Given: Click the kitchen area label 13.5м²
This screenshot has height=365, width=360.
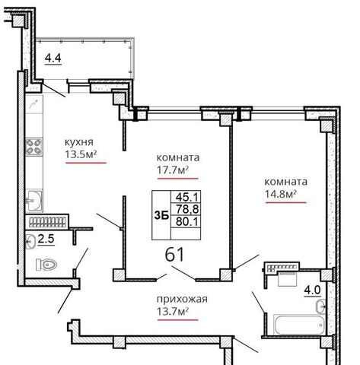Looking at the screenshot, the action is point(81,154).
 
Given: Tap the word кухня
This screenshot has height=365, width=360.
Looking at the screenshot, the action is point(79,142).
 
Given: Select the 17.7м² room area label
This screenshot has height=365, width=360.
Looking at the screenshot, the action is point(173,170).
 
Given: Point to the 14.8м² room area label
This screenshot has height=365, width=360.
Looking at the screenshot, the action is point(281,194).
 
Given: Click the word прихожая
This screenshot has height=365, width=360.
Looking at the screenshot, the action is point(182,300).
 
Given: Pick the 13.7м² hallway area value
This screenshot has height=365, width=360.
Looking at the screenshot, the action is point(173,311).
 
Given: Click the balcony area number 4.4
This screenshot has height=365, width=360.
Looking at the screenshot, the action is point(53,58).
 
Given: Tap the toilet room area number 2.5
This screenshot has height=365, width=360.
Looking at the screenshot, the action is point(46,239).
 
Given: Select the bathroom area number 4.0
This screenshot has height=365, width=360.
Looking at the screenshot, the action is point(313,290).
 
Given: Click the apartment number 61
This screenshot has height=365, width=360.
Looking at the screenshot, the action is point(174,254).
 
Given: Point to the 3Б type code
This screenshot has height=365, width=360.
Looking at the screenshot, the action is point(161,216).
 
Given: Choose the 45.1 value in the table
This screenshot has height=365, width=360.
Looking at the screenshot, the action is point(187,197).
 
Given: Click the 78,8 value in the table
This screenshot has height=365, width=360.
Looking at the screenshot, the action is point(187,209).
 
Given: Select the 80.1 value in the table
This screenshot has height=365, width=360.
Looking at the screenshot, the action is point(187,222).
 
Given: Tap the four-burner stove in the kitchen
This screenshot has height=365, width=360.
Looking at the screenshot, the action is point(33,147).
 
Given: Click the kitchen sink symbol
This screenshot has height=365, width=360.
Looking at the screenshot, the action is point(34,201).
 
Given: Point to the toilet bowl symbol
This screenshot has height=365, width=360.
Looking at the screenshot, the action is point(46,265).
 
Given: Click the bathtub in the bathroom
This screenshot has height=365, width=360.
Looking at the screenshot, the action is point(299,325).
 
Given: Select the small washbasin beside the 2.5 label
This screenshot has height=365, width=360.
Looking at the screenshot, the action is point(30,242).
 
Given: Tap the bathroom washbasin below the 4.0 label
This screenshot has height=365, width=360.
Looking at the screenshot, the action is point(321,306).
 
